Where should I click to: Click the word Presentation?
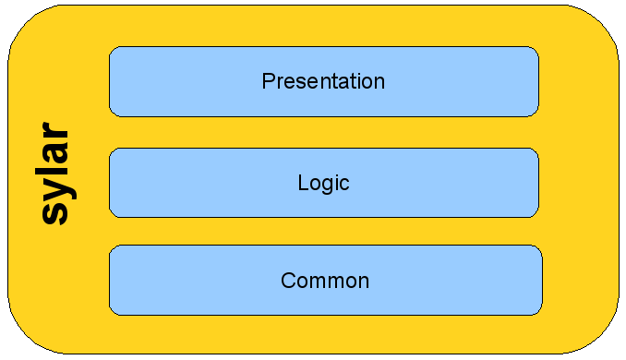click(x=323, y=81)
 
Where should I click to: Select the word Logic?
click(x=324, y=184)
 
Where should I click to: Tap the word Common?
click(x=325, y=281)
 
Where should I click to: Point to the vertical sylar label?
click(x=56, y=174)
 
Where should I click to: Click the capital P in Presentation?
click(x=269, y=81)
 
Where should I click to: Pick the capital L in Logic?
click(x=303, y=183)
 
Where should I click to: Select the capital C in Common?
click(x=288, y=281)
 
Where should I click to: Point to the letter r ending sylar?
click(x=54, y=131)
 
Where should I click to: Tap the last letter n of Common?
click(x=364, y=282)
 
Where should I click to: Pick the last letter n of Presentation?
click(x=379, y=83)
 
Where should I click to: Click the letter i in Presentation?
click(x=354, y=81)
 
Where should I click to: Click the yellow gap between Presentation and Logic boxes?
click(x=324, y=133)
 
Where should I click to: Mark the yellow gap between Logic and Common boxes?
click(x=324, y=232)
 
